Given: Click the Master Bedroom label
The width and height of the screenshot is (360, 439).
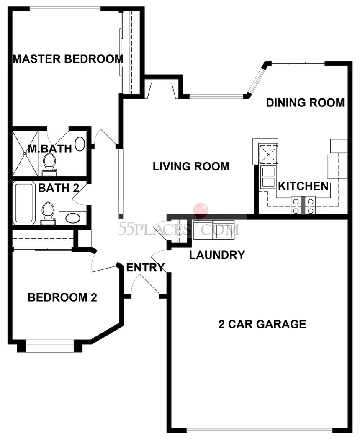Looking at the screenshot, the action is (68, 59).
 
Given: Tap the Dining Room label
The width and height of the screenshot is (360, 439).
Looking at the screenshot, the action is (305, 103).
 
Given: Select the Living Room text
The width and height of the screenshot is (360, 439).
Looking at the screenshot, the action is (191, 167).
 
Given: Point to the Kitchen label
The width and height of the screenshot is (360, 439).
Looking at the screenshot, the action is (303, 186).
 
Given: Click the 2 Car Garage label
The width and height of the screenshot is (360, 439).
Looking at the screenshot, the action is (262, 324).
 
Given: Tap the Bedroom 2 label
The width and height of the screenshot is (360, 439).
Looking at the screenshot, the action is (62, 297).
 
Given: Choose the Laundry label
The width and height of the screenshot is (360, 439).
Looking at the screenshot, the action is (217, 255).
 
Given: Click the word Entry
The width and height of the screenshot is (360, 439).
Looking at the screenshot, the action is (145, 268).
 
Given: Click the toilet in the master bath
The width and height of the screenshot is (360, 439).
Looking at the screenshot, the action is (49, 165).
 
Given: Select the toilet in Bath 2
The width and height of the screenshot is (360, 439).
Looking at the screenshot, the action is (48, 213).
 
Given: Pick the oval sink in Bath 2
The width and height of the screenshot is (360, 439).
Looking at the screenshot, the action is (73, 218).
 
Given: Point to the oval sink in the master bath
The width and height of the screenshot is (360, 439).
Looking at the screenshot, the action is (80, 144).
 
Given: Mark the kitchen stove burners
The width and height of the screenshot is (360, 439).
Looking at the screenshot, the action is (303, 206).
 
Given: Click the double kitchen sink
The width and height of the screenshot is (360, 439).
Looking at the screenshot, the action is (268, 177).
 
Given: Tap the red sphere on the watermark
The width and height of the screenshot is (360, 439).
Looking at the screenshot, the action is (201, 209).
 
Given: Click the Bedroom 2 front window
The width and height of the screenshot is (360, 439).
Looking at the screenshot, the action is (50, 346).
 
